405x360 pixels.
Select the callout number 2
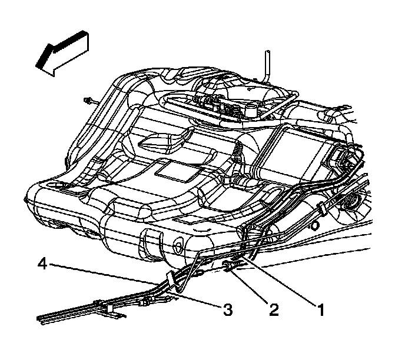click(273, 308)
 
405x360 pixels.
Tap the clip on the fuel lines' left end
click(107, 307)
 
